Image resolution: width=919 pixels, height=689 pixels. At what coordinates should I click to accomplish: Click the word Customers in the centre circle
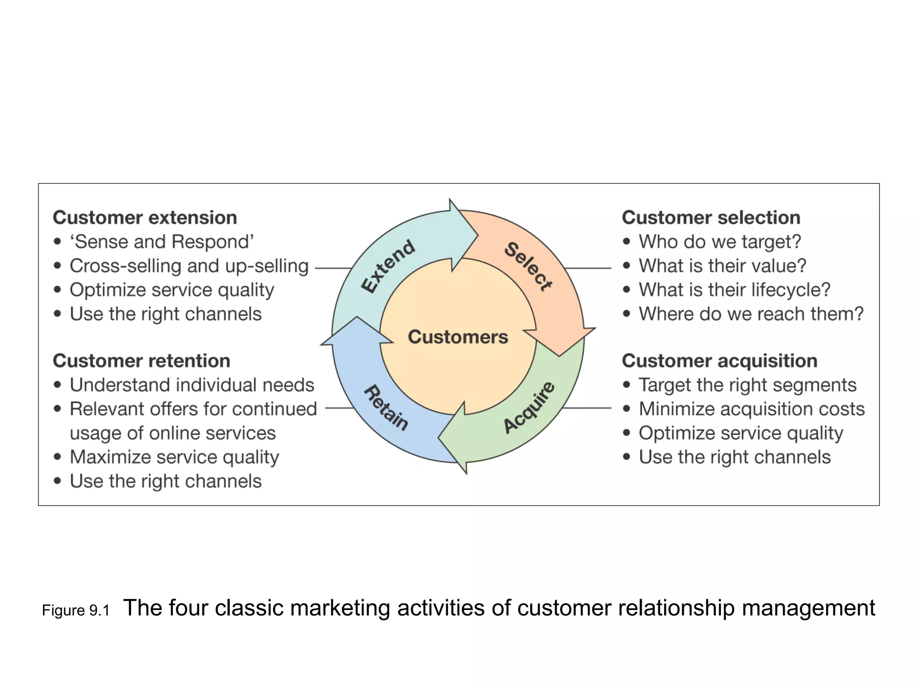point(458,337)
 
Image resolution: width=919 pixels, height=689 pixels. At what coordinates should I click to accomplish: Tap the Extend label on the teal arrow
point(389,266)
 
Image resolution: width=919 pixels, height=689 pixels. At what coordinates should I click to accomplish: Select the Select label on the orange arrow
point(529,266)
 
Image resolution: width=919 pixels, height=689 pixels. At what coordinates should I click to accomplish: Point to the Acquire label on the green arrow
point(529,407)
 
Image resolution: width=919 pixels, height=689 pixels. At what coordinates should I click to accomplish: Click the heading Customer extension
point(145,218)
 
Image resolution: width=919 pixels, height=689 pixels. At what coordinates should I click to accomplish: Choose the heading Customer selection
point(711,218)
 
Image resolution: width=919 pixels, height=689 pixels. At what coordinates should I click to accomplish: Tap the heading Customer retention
point(141,361)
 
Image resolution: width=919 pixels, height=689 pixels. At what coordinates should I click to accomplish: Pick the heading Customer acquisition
point(719,361)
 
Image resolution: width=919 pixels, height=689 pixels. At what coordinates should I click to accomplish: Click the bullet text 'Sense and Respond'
point(162,242)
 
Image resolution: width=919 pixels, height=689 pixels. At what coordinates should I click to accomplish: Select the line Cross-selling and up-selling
point(189,266)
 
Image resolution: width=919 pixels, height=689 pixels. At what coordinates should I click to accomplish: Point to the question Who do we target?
point(720,242)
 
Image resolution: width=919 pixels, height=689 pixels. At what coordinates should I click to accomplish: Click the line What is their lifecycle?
point(735,290)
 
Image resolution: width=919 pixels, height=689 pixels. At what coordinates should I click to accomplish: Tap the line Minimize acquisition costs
point(752,409)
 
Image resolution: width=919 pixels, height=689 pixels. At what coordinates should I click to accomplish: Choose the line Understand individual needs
point(192,385)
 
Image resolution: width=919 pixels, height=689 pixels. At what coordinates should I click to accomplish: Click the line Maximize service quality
point(175,457)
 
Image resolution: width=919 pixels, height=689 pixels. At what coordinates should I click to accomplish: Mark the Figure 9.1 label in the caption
point(76,611)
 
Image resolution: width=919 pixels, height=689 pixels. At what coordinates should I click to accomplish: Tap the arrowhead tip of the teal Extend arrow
point(477,234)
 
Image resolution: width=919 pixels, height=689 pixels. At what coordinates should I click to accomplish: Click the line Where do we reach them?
point(751,314)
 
